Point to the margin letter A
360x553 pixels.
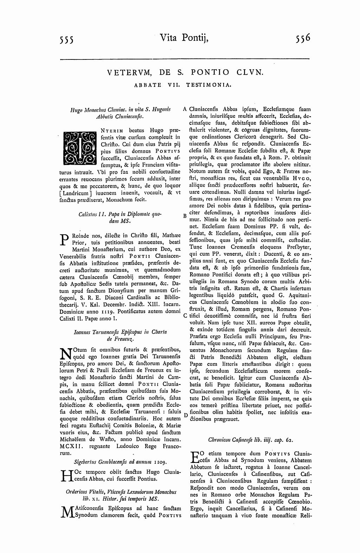tap(185, 109)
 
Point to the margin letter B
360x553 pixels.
tap(185, 216)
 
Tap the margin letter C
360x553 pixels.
tap(185, 316)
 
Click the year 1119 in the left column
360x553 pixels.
tap(105, 311)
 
